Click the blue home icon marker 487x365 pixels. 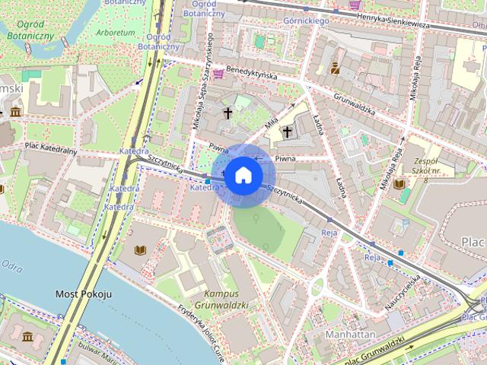coord(243,175)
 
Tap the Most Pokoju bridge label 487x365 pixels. coord(84,294)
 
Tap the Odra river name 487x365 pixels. coord(13,265)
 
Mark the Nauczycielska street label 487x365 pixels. coord(403,291)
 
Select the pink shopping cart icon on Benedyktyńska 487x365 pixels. coord(218,74)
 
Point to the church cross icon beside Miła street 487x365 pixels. coord(287,132)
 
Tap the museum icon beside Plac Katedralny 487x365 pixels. coord(15,113)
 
